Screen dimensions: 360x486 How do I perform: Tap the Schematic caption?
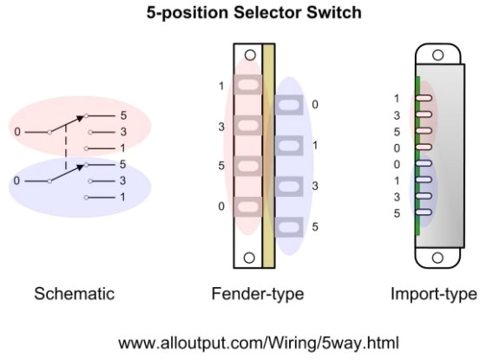coord(74,294)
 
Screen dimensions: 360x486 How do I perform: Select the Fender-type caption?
coord(258,294)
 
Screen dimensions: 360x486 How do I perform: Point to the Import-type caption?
coord(433,294)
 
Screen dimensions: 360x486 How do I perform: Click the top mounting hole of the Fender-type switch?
coord(249,56)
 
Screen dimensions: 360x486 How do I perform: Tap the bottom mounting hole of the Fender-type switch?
coord(249,257)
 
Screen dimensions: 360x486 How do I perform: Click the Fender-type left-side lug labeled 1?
coord(248,86)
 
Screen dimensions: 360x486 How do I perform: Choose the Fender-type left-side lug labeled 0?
coord(248,206)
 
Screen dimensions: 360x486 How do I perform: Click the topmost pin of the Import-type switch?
coord(424,98)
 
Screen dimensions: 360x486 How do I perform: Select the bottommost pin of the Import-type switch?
coord(424,212)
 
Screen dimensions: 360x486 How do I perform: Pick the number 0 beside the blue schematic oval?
coord(17,180)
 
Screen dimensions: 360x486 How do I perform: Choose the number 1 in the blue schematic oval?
coord(122,198)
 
